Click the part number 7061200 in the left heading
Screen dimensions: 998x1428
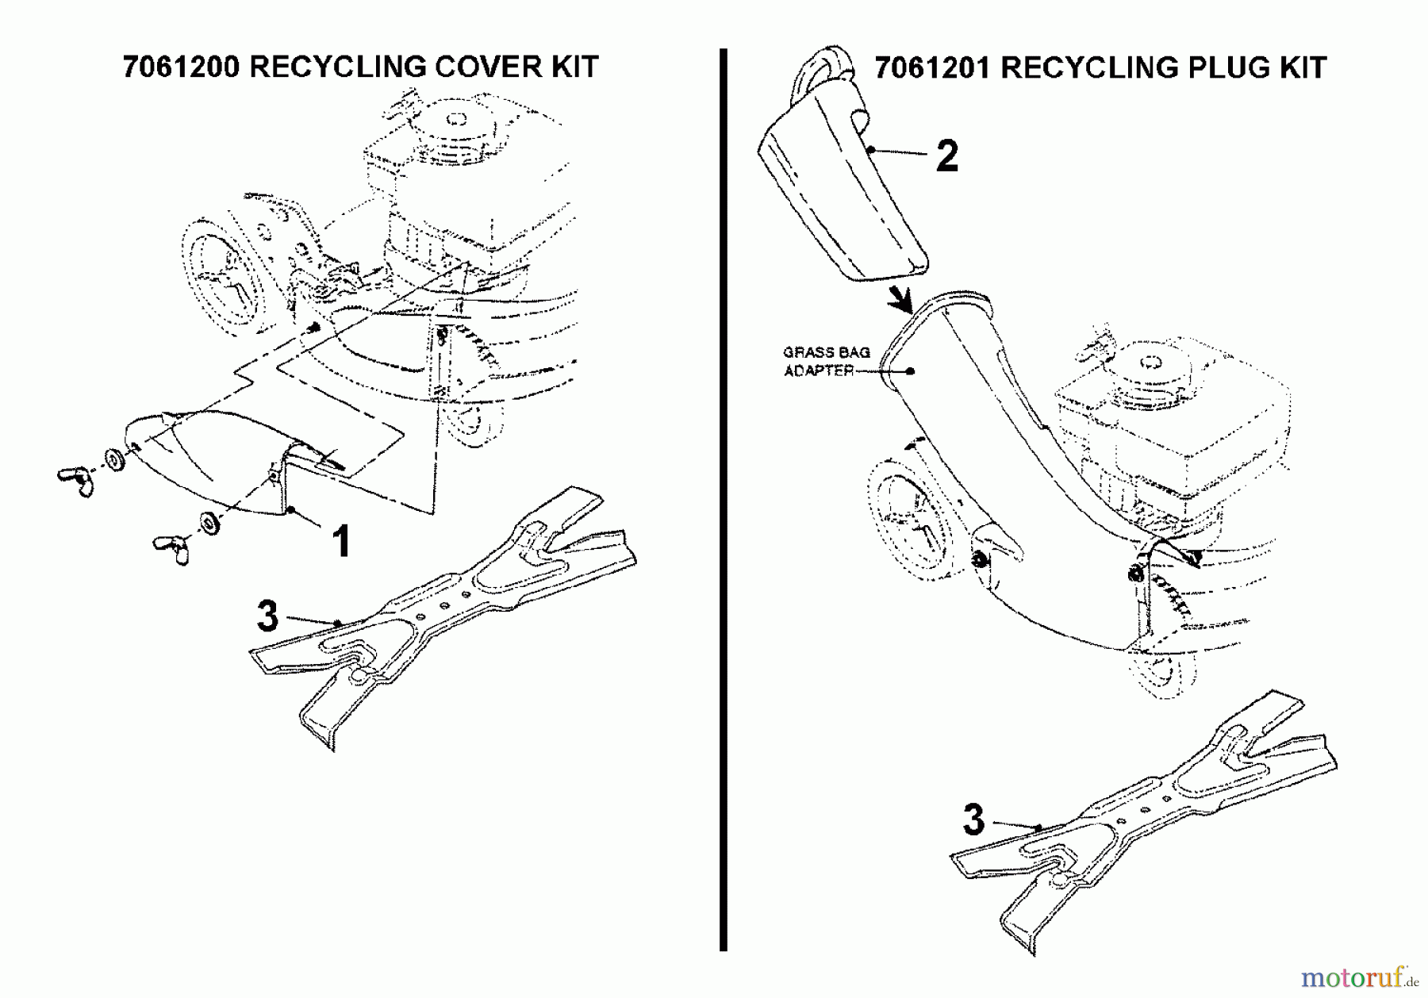181,67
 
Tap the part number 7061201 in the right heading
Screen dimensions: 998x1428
933,68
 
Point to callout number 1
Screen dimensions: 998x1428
340,543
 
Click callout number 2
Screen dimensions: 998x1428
946,156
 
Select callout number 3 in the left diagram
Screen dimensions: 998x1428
268,616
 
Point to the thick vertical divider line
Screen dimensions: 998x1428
723,500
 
